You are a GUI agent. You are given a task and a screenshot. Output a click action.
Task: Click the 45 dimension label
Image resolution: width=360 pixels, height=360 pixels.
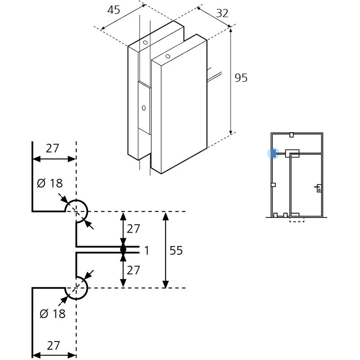(114, 10)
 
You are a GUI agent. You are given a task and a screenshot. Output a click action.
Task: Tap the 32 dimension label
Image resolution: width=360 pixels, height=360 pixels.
(222, 13)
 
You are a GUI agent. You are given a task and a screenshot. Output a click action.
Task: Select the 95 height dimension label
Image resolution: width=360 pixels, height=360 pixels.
(241, 78)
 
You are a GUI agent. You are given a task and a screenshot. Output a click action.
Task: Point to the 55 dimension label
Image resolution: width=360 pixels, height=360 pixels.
(176, 250)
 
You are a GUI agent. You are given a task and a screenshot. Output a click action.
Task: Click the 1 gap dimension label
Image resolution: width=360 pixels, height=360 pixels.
(147, 250)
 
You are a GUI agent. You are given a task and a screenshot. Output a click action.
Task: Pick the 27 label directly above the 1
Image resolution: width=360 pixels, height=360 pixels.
(133, 229)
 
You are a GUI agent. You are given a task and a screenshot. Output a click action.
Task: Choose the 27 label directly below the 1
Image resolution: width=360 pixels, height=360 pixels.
(133, 270)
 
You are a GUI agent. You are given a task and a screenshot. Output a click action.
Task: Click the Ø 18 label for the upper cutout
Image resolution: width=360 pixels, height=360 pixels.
(49, 183)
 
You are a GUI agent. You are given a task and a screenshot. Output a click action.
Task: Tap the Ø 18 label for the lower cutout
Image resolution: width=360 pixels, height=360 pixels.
(53, 314)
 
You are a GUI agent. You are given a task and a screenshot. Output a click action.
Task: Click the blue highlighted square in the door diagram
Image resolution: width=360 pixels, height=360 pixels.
(273, 153)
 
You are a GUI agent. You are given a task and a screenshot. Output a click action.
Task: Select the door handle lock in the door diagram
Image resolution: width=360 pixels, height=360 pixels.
(319, 188)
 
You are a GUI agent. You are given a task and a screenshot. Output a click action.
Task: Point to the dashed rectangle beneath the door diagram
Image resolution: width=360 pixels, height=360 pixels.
(297, 220)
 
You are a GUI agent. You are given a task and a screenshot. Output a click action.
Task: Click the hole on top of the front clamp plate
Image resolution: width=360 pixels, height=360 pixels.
(168, 56)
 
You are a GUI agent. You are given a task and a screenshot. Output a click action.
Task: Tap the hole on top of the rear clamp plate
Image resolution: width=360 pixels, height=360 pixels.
(145, 42)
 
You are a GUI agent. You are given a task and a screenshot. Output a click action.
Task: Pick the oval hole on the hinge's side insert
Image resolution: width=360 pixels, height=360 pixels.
(144, 108)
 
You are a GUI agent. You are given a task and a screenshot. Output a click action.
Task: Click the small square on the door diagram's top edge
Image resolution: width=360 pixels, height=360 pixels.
(291, 135)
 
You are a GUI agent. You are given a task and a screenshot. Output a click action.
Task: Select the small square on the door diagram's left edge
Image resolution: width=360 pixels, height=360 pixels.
(273, 185)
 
